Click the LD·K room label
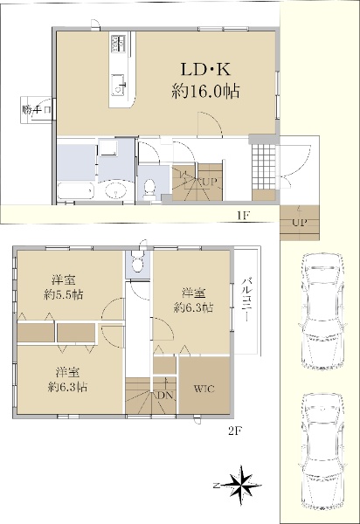205,70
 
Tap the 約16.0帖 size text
205,91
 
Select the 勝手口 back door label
37,110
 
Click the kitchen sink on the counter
118,84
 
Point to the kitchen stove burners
118,44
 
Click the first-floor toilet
149,188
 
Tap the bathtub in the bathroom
76,191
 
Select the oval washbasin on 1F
116,191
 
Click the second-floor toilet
136,262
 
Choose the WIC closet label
204,389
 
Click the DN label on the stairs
165,396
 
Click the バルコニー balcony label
246,299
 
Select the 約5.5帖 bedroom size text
64,295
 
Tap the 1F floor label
243,215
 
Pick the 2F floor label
235,431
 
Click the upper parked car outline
322,312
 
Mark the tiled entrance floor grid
264,167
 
